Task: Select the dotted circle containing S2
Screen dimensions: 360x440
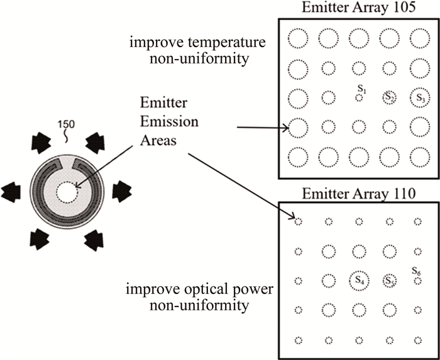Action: coord(389,97)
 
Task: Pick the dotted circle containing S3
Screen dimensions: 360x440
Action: coord(419,97)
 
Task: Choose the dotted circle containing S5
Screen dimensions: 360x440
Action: coord(389,280)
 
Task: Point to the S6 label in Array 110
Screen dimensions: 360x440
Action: coord(415,271)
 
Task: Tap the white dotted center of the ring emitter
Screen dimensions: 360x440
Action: coord(65,190)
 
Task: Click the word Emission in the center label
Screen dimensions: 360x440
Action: coord(160,120)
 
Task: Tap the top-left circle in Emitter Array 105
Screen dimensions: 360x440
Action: coord(298,39)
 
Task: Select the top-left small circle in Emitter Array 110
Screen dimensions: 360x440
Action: coord(298,221)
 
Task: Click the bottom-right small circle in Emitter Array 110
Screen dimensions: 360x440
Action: coord(419,340)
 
